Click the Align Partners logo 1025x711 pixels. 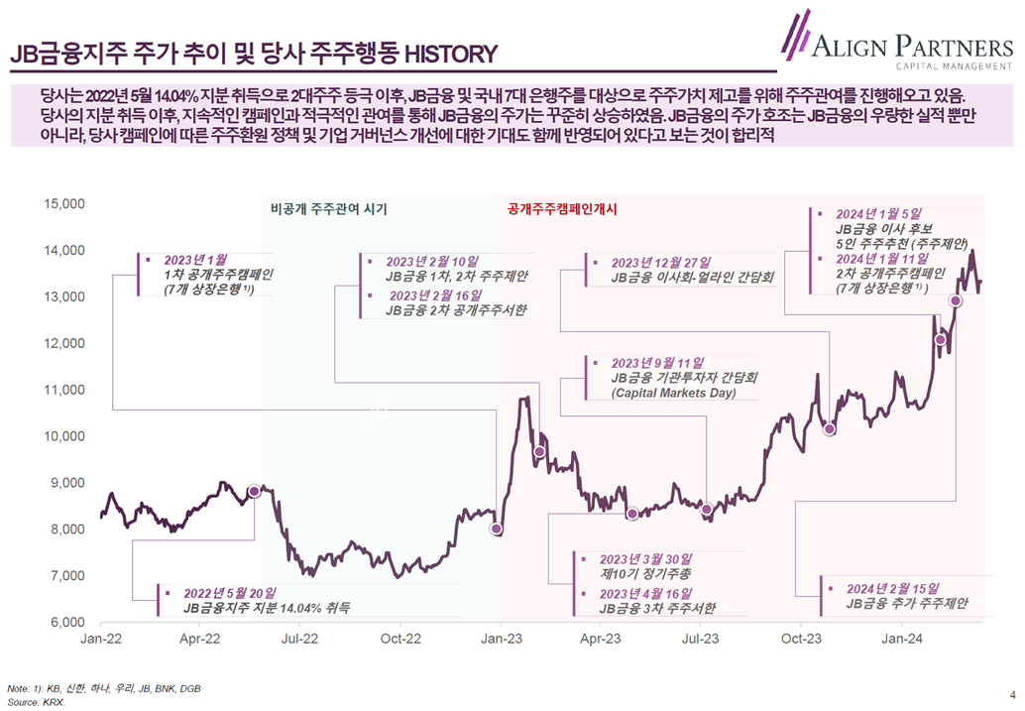(x=897, y=42)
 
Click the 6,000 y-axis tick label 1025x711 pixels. (x=66, y=623)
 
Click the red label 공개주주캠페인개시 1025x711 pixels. (x=562, y=209)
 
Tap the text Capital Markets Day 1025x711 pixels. (x=673, y=394)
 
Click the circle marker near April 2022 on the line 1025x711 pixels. (x=254, y=491)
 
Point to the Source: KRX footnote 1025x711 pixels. (x=36, y=701)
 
